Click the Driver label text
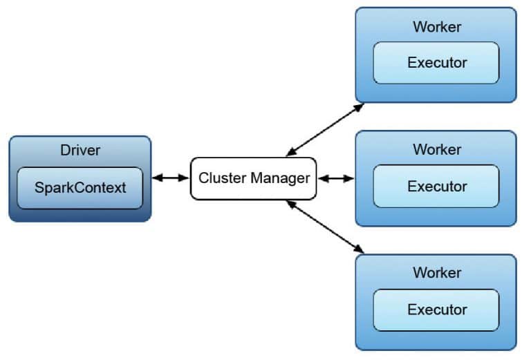pos(80,150)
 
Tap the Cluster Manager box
pos(254,178)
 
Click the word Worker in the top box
pos(436,28)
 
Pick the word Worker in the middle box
pos(436,149)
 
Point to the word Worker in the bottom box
pos(436,272)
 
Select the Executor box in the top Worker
pos(436,63)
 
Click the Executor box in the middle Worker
pos(436,186)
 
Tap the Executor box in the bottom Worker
pos(436,310)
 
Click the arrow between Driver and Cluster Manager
pos(171,178)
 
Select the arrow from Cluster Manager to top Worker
pos(325,129)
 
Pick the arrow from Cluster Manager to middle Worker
pos(336,178)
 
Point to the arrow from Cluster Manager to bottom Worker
pos(325,226)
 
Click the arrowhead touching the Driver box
pos(156,178)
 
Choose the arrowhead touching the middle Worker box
pos(349,178)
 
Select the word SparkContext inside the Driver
pos(80,188)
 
